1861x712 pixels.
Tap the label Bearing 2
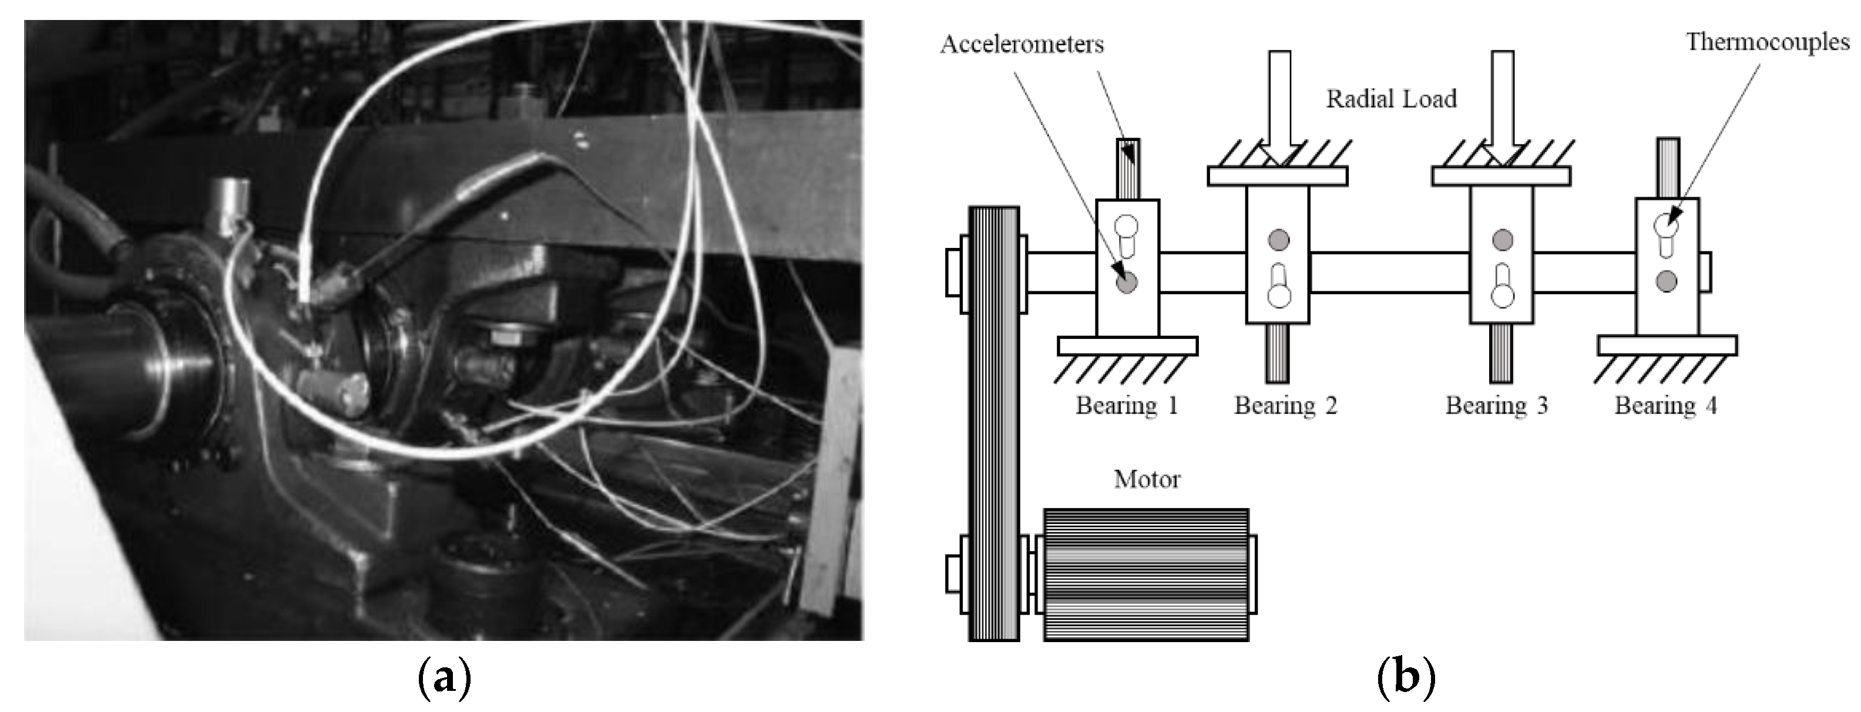[1285, 406]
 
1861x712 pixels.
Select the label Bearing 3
[1496, 406]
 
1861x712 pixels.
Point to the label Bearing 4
[1665, 406]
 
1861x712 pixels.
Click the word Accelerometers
[1022, 45]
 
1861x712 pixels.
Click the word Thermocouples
[1767, 42]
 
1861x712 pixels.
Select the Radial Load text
[1390, 99]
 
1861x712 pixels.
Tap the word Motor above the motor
[1147, 479]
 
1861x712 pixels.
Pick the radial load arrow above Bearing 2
[1279, 108]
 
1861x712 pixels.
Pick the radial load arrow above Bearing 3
[1502, 108]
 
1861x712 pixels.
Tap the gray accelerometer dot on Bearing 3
[1502, 240]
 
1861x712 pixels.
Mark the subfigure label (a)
[444, 679]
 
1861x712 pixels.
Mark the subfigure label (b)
[1406, 679]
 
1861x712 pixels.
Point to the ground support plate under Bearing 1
[1127, 346]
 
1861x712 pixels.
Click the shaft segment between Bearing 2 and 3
[1389, 272]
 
